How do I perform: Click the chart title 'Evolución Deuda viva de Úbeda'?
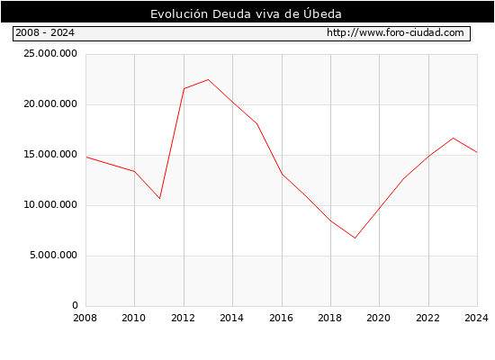(246, 13)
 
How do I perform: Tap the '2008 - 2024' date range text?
(45, 32)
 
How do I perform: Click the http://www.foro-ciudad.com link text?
(395, 32)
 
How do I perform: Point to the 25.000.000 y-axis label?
(50, 53)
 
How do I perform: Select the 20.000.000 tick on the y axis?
(50, 103)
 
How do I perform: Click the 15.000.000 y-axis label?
(50, 155)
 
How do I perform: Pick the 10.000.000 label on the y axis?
(50, 204)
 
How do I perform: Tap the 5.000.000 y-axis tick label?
(53, 256)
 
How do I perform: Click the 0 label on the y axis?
(75, 305)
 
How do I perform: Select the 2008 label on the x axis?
(85, 318)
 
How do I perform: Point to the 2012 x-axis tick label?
(183, 318)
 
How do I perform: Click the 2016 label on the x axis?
(282, 318)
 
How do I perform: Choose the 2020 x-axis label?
(379, 318)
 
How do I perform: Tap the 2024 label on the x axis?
(476, 318)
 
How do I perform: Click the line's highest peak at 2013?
(208, 79)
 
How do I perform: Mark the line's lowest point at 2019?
(355, 238)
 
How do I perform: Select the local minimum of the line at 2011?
(159, 198)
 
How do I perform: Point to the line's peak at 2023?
(453, 138)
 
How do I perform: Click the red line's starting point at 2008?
(86, 157)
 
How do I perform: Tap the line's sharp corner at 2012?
(184, 88)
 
